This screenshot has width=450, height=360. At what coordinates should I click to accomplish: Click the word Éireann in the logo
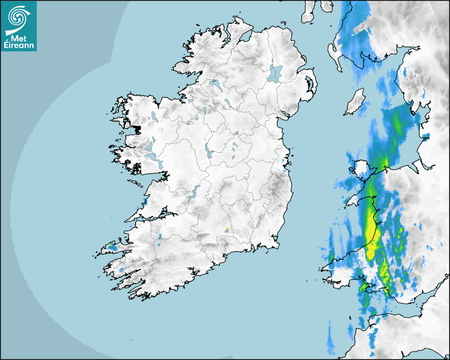pyautogui.click(x=19, y=46)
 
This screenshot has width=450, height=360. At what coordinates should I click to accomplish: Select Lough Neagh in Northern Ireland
pyautogui.click(x=275, y=73)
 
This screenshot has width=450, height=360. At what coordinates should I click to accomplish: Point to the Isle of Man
pyautogui.click(x=355, y=102)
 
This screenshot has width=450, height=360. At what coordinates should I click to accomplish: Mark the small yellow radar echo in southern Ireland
pyautogui.click(x=227, y=230)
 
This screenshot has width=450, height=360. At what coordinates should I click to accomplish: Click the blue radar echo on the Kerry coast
pyautogui.click(x=112, y=247)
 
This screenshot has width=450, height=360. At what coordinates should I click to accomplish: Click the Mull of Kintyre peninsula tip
pyautogui.click(x=309, y=16)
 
